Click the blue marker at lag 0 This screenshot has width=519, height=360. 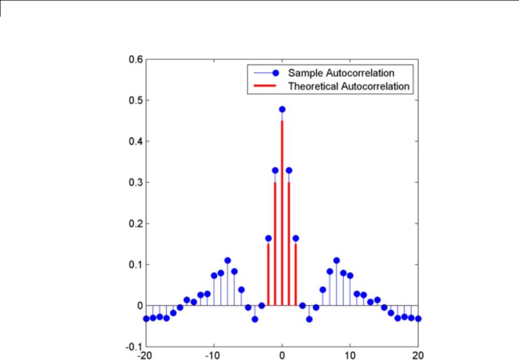point(282,109)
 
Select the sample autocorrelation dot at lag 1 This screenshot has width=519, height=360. point(289,170)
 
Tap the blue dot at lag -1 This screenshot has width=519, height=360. point(275,170)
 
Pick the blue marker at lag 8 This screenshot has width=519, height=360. point(336,260)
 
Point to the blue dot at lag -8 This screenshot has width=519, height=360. point(227,260)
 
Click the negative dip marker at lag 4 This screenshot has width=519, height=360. point(309,319)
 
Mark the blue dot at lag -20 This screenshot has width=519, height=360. point(146,318)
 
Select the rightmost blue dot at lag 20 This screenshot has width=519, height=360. point(418,318)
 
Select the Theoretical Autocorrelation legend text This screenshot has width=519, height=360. point(349,86)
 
